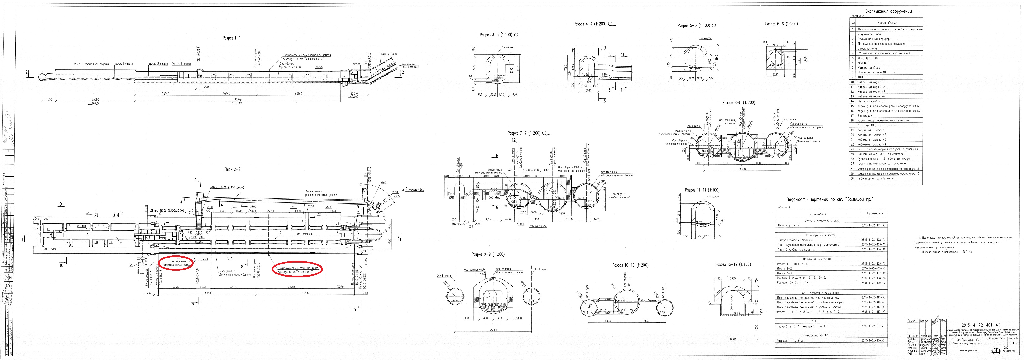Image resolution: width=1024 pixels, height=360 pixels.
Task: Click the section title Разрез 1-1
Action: click(231, 38)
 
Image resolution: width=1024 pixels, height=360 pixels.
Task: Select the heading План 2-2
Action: click(232, 169)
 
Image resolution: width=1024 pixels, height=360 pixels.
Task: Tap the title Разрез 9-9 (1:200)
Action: click(488, 254)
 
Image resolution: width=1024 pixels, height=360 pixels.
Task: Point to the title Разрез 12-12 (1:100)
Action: click(733, 264)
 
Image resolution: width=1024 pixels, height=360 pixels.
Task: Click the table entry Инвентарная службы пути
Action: click(874, 178)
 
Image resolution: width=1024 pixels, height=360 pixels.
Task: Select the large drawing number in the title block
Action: click(980, 325)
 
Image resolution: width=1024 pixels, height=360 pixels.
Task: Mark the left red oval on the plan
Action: click(176, 263)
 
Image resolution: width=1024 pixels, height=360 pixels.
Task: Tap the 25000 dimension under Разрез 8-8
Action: click(742, 169)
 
